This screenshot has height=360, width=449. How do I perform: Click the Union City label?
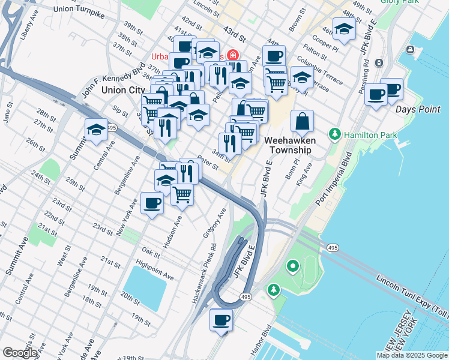120,89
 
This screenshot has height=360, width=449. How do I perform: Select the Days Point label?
418,109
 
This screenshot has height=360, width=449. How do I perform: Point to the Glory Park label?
400,2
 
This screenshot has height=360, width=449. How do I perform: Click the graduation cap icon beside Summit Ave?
96,129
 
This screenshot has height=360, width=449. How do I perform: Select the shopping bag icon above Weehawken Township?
303,121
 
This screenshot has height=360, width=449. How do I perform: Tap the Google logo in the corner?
20,353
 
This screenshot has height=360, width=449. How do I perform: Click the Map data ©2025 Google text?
412,355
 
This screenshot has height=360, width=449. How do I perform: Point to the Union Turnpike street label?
78,9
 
